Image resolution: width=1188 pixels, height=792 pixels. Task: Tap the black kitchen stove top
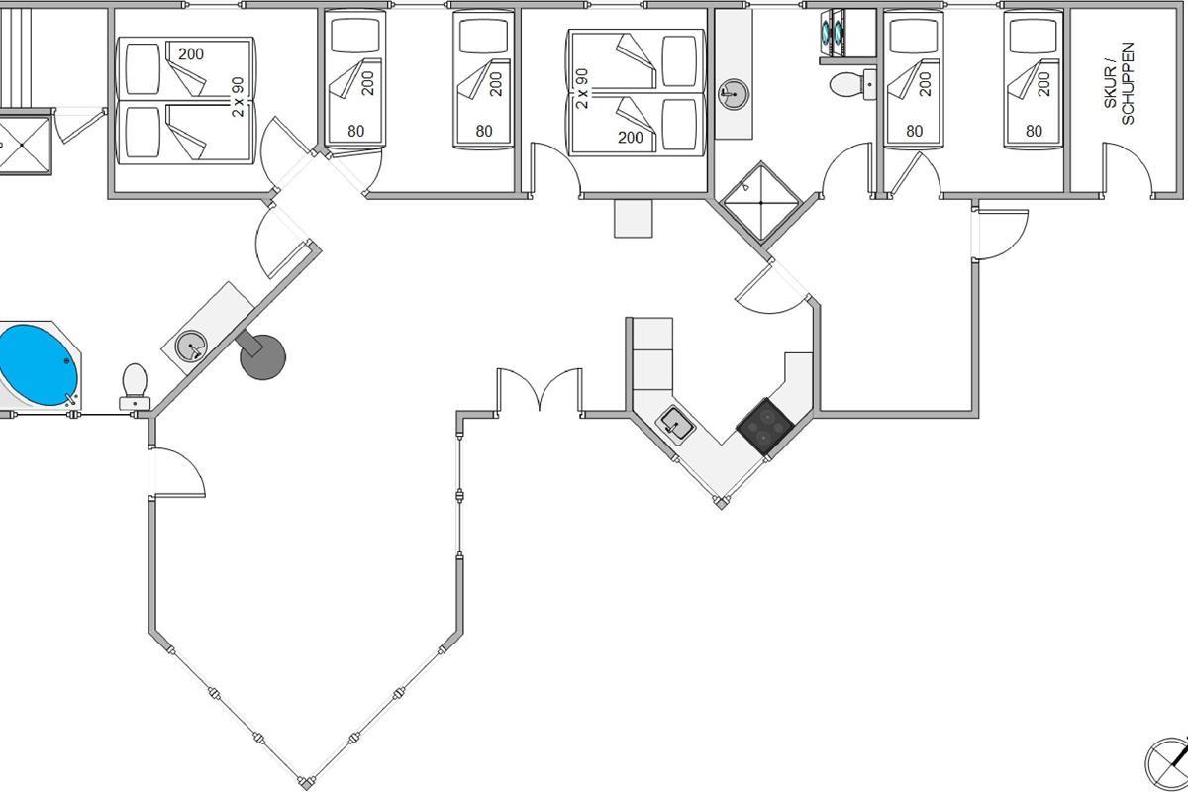click(764, 427)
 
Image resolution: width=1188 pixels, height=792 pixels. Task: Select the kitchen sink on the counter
click(677, 424)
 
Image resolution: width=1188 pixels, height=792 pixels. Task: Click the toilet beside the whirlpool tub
click(135, 384)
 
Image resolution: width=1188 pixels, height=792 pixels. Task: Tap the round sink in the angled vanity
click(190, 346)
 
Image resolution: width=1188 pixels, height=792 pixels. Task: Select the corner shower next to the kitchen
click(758, 202)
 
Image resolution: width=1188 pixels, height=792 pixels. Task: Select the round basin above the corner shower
click(733, 94)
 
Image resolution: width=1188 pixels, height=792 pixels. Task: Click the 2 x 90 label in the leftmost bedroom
click(238, 96)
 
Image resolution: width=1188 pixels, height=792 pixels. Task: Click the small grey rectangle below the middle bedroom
click(635, 218)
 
